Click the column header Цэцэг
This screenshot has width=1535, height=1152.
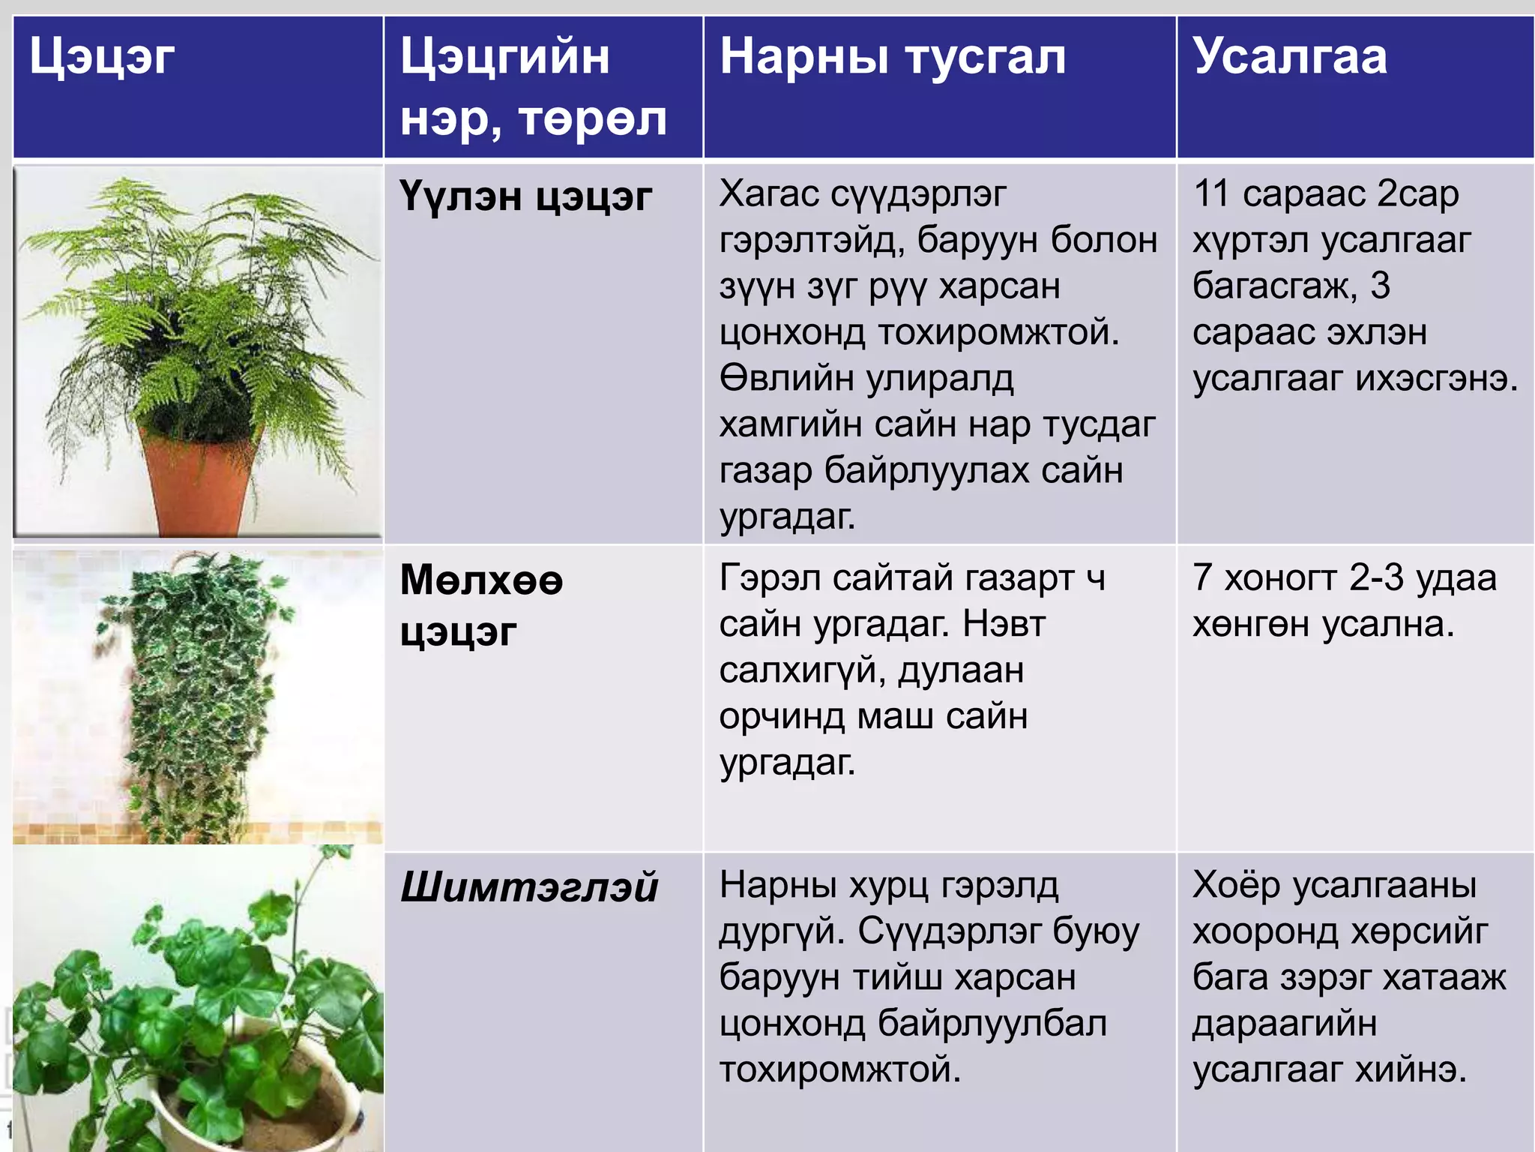102,58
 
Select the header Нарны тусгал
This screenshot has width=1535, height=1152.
892,58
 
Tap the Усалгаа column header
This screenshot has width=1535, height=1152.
1289,58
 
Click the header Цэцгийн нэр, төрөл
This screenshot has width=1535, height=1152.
532,88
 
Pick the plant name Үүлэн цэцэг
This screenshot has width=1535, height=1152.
525,197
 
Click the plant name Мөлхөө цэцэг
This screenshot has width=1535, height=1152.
481,605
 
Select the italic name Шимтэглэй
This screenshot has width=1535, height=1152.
529,888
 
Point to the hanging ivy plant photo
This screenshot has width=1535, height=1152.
199,697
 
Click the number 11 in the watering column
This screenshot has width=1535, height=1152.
1211,194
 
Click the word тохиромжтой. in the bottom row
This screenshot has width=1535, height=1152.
839,1070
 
